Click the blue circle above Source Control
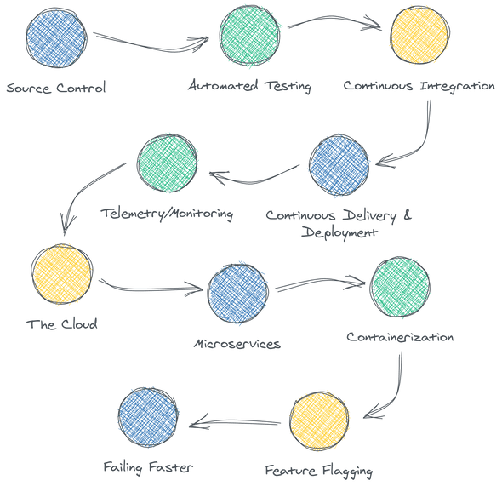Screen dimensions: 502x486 pyautogui.click(x=56, y=37)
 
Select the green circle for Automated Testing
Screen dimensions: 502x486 pyautogui.click(x=249, y=36)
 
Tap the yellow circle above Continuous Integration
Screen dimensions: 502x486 pyautogui.click(x=419, y=35)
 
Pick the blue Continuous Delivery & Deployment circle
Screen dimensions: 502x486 pyautogui.click(x=339, y=165)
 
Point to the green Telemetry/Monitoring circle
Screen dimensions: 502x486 pyautogui.click(x=167, y=163)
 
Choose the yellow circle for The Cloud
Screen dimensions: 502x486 pyautogui.click(x=62, y=274)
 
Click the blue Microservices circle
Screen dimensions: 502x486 pyautogui.click(x=237, y=294)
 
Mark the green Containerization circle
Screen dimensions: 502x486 pyautogui.click(x=400, y=287)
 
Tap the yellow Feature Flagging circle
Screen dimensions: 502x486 pyautogui.click(x=319, y=421)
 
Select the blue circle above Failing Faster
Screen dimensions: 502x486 pyautogui.click(x=148, y=418)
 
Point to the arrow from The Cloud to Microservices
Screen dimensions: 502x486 pyautogui.click(x=151, y=289)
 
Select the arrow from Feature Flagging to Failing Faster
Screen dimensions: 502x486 pyautogui.click(x=236, y=422)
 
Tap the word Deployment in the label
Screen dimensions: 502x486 pyautogui.click(x=339, y=232)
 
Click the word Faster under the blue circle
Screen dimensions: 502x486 pyautogui.click(x=171, y=467)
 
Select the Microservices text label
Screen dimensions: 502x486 pyautogui.click(x=237, y=344)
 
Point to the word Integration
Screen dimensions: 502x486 pyautogui.click(x=458, y=86)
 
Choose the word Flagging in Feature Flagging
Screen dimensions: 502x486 pyautogui.click(x=347, y=471)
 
